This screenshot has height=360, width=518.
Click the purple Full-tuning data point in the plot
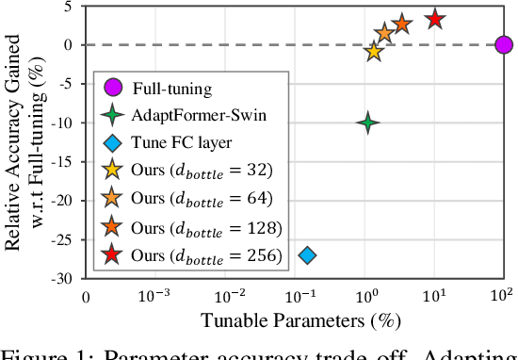click(503, 44)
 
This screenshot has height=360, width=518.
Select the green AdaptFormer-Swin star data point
click(368, 123)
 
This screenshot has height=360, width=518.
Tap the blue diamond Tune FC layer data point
click(306, 254)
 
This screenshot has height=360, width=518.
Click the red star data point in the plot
click(434, 19)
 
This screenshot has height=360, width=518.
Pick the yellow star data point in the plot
click(375, 52)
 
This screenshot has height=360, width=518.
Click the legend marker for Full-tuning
click(113, 89)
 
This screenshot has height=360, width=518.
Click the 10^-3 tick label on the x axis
click(154, 295)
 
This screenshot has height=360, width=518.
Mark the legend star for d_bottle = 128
click(113, 227)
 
